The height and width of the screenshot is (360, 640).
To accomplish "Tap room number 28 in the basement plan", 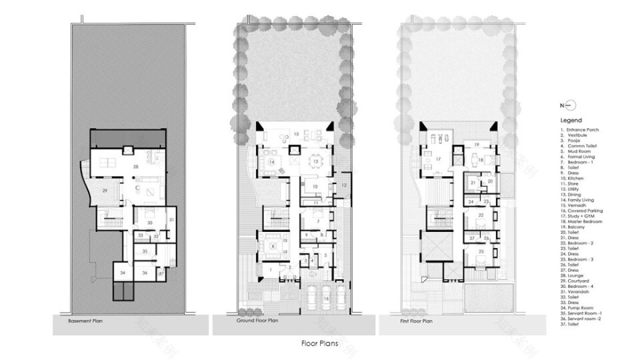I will click(135, 167).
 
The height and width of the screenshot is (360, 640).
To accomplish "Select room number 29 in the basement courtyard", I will click(105, 191).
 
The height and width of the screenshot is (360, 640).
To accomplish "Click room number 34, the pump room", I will click(122, 272).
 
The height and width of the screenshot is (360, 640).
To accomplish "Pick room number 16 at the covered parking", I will click(325, 298).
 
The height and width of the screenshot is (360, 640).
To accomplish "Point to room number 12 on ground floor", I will click(344, 187).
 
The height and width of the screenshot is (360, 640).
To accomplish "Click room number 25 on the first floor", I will click(481, 251).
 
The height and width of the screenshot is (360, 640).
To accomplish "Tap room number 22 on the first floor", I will click(481, 216).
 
